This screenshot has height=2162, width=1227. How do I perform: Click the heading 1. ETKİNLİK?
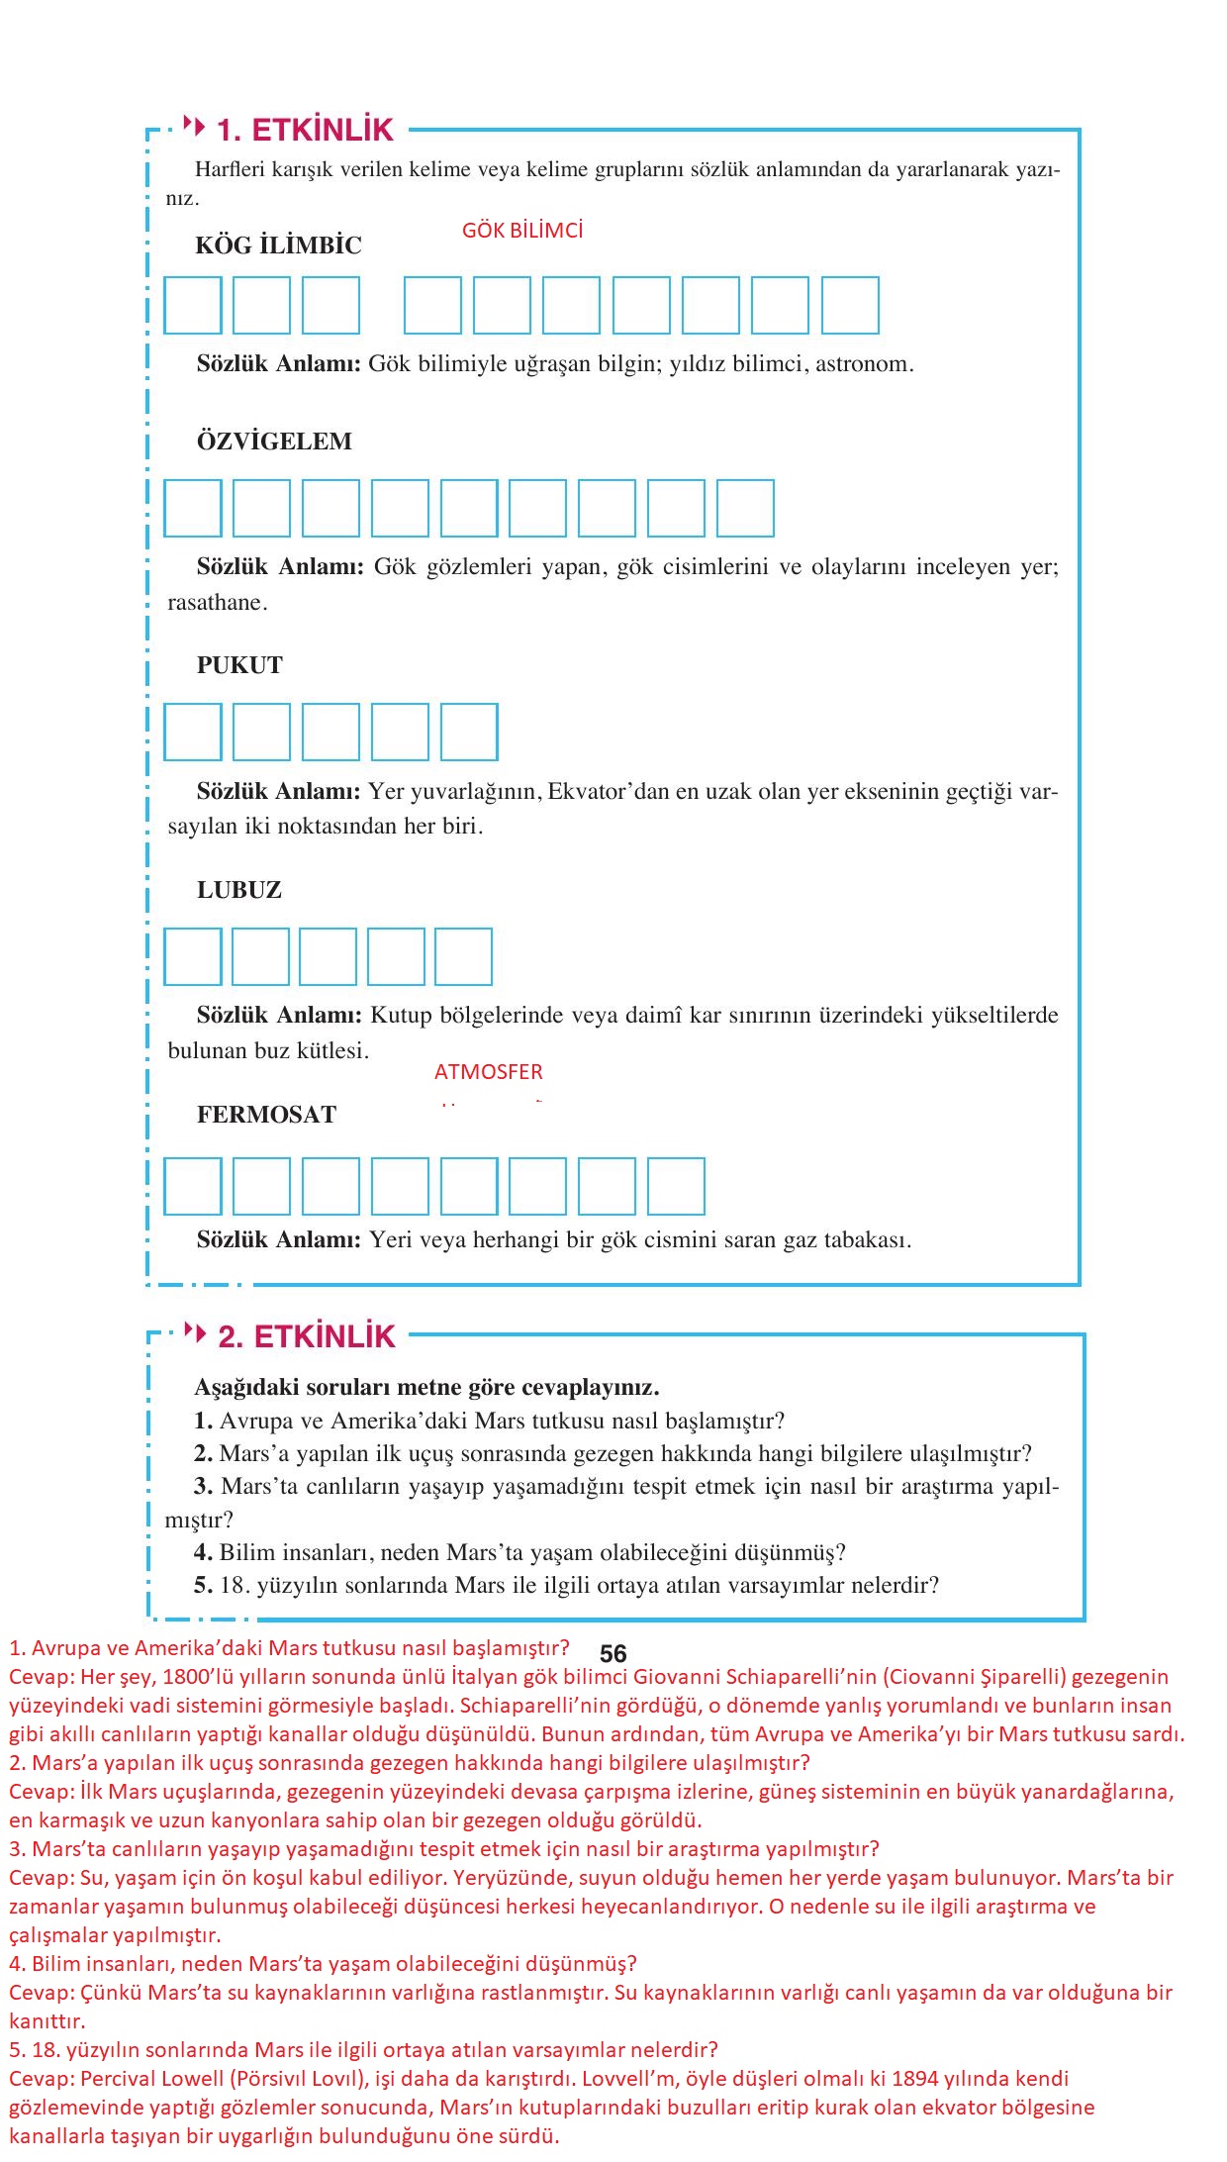click(305, 130)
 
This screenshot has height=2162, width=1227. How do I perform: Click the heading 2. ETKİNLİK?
click(306, 1336)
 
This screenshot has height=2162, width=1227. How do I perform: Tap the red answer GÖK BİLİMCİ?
click(522, 231)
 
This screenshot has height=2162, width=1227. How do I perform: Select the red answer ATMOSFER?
click(489, 1072)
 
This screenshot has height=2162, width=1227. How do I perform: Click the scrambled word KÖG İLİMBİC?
click(279, 246)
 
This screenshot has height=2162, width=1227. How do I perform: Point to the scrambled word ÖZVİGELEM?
click(274, 442)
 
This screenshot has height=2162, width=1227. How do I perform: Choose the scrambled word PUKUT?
click(239, 665)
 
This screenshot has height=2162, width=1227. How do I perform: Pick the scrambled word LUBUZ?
click(239, 890)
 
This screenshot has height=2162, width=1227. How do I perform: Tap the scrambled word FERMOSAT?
click(266, 1115)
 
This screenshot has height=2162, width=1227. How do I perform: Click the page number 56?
click(613, 1654)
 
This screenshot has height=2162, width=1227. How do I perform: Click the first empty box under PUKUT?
click(193, 732)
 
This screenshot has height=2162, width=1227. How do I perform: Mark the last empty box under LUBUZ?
click(463, 956)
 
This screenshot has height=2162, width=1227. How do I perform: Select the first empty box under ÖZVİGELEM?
click(193, 508)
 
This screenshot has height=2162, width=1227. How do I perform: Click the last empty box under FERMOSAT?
click(677, 1186)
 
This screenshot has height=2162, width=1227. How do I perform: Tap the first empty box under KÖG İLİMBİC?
click(193, 305)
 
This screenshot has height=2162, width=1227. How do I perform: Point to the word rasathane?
click(216, 603)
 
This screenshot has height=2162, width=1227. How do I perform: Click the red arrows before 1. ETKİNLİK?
click(195, 127)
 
